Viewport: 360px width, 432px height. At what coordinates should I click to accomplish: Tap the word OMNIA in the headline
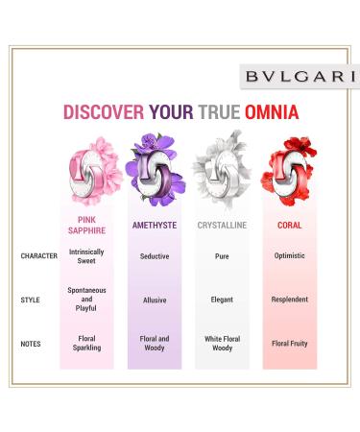click(x=269, y=112)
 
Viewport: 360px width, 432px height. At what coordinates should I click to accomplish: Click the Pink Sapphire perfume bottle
click(x=87, y=172)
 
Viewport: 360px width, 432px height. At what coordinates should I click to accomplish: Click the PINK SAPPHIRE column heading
click(x=86, y=224)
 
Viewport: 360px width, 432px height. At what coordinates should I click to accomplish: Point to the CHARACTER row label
click(x=39, y=256)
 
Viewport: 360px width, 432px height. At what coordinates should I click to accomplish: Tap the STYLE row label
click(x=31, y=300)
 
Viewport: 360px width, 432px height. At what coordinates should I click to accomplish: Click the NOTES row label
click(x=32, y=343)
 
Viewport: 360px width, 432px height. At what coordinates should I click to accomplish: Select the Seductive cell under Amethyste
click(x=155, y=256)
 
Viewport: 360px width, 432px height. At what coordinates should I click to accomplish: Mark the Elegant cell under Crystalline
click(x=222, y=300)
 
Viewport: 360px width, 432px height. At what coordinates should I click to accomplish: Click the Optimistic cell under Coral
click(x=289, y=256)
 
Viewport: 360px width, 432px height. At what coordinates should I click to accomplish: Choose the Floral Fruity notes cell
click(x=289, y=343)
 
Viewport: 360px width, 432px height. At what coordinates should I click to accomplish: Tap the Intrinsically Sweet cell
click(x=87, y=256)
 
